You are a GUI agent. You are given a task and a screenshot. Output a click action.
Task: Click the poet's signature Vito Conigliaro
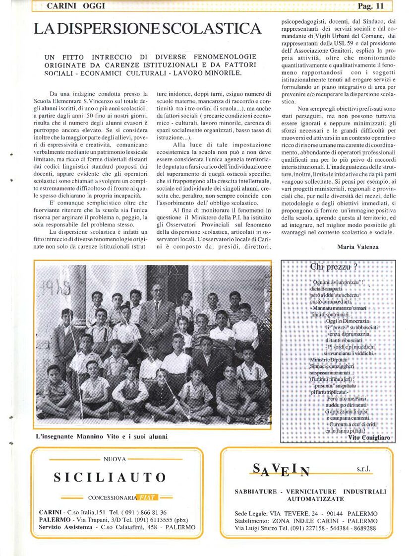[x=369, y=438]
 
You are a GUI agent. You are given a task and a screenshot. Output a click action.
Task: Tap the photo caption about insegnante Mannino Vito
[x=102, y=437]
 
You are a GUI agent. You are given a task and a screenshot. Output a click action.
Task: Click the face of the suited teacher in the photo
[x=157, y=293]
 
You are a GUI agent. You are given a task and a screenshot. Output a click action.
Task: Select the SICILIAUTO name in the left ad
[x=110, y=478]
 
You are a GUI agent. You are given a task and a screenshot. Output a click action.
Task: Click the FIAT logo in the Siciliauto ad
[x=147, y=497]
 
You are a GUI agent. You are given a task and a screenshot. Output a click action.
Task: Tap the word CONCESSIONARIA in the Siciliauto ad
[x=112, y=497]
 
